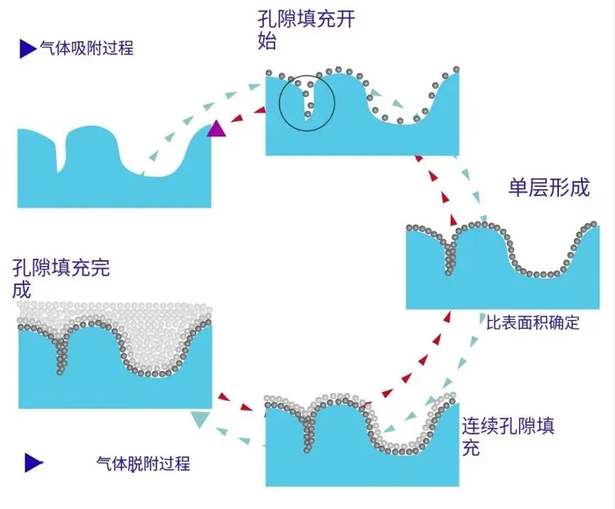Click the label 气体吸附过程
click(x=87, y=48)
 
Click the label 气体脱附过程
click(x=143, y=463)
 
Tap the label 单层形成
click(x=549, y=187)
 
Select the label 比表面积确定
click(x=532, y=323)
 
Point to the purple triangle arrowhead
click(x=216, y=129)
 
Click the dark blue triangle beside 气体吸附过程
click(x=28, y=48)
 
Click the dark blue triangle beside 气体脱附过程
click(x=33, y=462)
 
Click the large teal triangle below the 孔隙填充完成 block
click(x=200, y=419)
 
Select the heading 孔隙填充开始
click(x=307, y=30)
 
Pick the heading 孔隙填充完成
click(x=61, y=279)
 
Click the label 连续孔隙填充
click(x=508, y=436)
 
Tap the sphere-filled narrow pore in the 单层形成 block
click(x=450, y=257)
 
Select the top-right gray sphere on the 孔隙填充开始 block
click(x=456, y=69)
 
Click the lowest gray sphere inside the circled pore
click(x=307, y=114)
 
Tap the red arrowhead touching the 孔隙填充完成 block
click(x=223, y=396)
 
